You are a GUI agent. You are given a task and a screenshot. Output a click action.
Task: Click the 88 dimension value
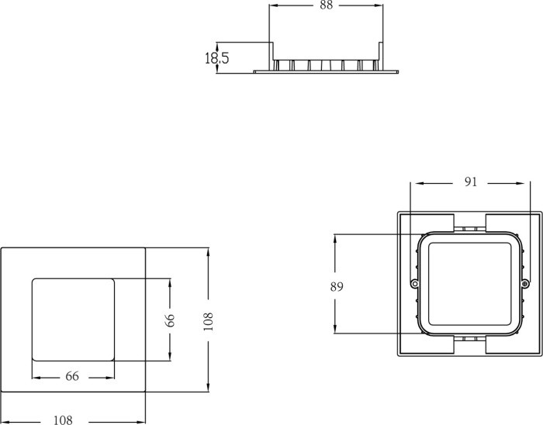[x=326, y=5]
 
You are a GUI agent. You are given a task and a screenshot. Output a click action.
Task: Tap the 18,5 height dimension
[x=217, y=57]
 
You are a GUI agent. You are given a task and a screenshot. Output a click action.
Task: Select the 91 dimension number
[x=471, y=182]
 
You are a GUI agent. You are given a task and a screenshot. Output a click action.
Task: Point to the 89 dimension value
[x=337, y=286]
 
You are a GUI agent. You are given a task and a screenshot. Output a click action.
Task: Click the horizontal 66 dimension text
[x=71, y=376]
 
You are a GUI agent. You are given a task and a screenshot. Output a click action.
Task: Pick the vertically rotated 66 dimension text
[x=171, y=320]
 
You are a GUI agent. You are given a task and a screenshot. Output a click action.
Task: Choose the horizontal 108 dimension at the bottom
[x=63, y=420]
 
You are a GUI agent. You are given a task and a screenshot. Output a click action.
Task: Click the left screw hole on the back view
[x=415, y=285]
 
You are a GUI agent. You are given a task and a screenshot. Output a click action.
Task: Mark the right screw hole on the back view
[x=525, y=285]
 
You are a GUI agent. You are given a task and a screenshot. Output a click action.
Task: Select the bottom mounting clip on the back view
[x=469, y=340]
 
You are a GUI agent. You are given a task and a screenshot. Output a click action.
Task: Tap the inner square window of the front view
[x=72, y=319]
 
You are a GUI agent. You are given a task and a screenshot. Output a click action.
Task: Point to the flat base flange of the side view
[x=326, y=71]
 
